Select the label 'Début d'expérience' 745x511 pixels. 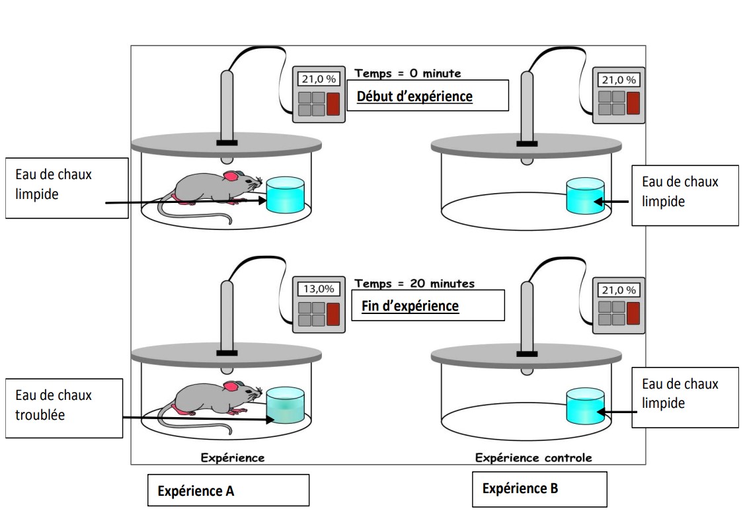[414, 97]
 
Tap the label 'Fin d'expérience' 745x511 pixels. [410, 306]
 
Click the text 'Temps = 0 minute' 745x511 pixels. [408, 73]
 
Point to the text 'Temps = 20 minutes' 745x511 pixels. [414, 283]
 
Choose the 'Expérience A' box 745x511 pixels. [228, 491]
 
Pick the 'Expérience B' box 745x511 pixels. [539, 489]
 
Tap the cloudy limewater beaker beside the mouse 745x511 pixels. [285, 405]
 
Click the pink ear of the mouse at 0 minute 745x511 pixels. [231, 177]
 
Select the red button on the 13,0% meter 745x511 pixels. [333, 313]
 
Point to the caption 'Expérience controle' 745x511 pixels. [533, 457]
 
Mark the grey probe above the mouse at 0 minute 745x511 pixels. [226, 106]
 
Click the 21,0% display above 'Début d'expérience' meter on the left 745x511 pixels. [319, 79]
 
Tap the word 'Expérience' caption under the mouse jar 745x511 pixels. [233, 457]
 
